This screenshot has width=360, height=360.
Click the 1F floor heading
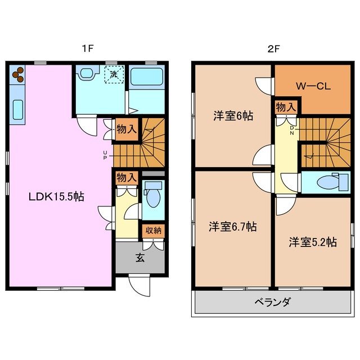click(x=87, y=49)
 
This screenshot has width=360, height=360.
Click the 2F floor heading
click(x=274, y=49)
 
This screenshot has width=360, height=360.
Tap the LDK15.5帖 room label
click(x=57, y=197)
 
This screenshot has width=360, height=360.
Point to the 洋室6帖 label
click(x=232, y=116)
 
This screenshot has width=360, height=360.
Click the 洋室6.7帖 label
click(x=233, y=227)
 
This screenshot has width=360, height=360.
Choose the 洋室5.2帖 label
click(x=313, y=242)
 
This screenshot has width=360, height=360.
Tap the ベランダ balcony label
click(x=273, y=303)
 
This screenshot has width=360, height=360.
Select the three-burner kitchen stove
click(x=17, y=74)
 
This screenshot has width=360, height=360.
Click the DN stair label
click(x=292, y=130)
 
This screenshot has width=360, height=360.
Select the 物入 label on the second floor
click(x=285, y=107)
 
